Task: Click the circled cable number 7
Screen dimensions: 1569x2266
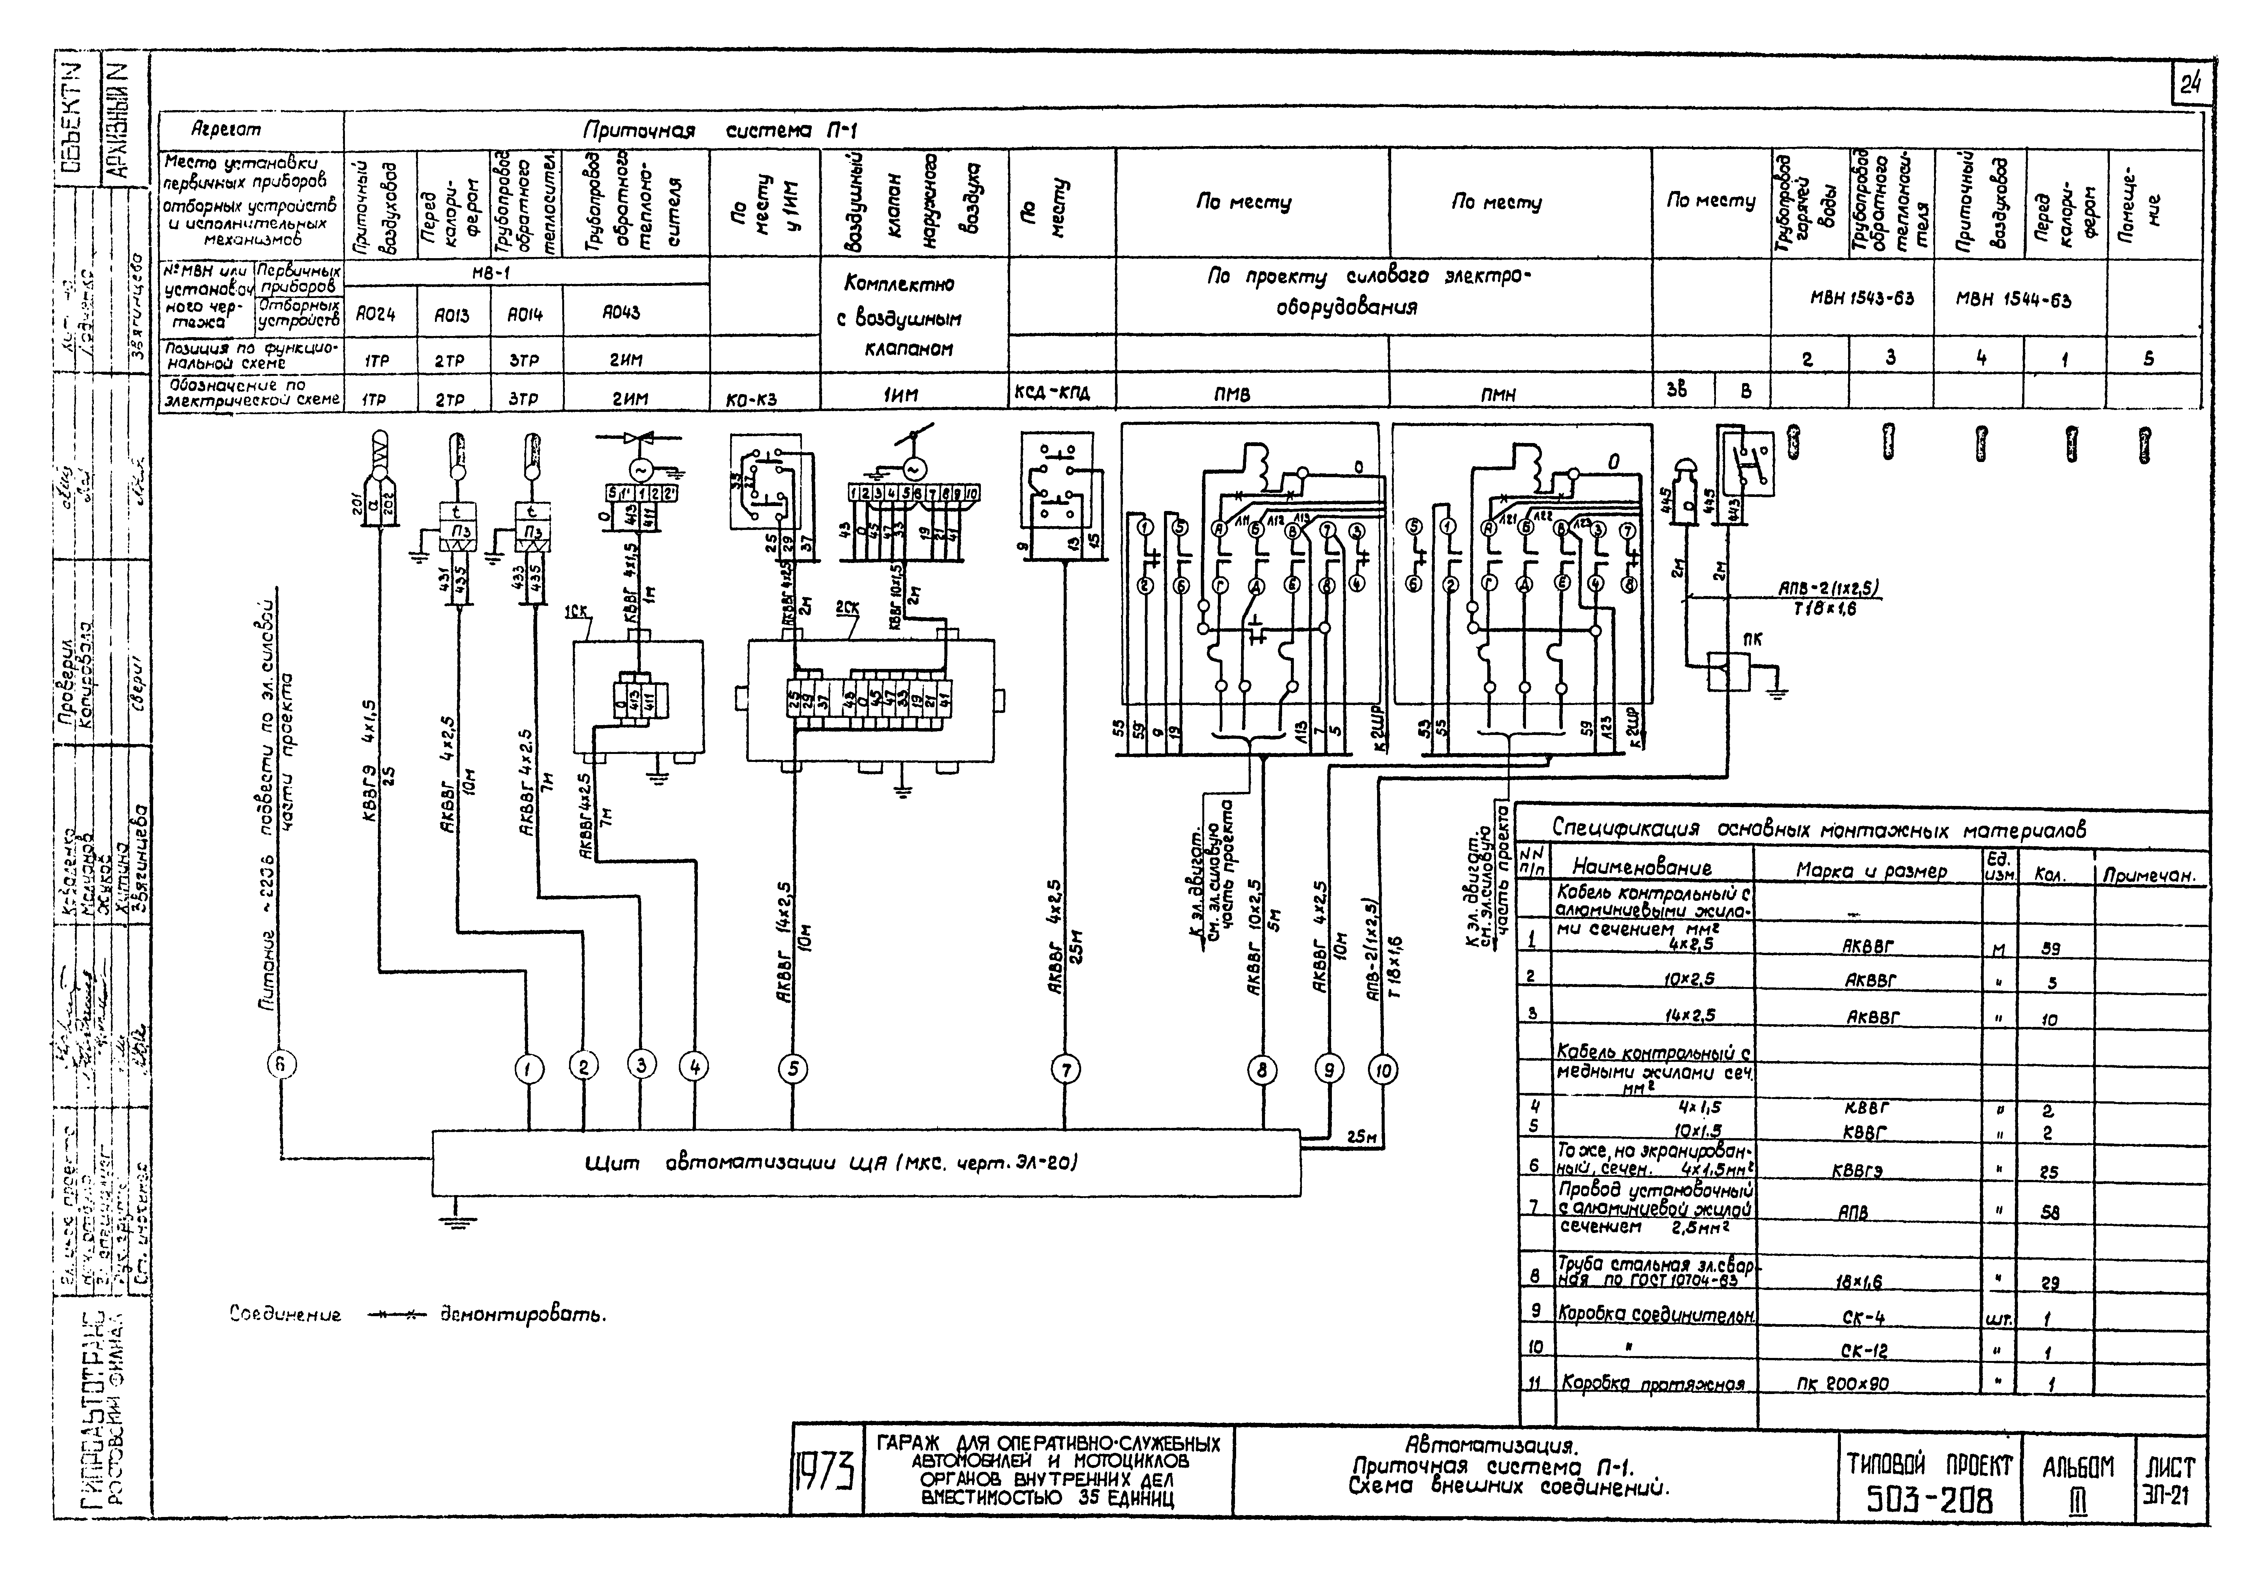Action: pyautogui.click(x=1066, y=1069)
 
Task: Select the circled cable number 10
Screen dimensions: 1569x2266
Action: pyautogui.click(x=1383, y=1069)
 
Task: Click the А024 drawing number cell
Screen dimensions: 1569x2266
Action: pyautogui.click(x=376, y=315)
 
